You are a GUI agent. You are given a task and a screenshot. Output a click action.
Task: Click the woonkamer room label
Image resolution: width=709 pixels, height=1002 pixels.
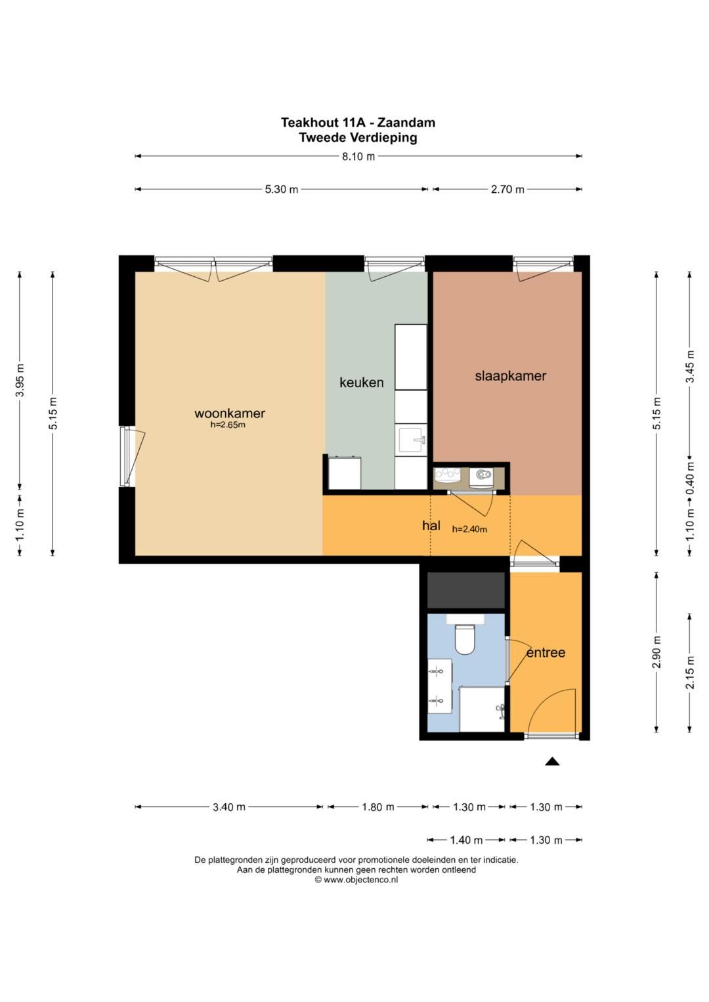point(230,413)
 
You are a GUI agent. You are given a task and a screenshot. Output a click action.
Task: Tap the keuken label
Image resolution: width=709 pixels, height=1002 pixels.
point(361,383)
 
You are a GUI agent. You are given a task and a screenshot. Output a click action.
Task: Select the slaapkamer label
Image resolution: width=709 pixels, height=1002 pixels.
point(510,376)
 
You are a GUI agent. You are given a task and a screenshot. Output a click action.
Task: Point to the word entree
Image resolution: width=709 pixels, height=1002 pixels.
point(546,653)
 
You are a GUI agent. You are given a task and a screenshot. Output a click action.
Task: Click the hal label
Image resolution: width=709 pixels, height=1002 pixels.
point(431,526)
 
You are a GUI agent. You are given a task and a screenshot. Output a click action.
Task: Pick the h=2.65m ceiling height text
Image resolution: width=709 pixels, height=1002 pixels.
point(228,425)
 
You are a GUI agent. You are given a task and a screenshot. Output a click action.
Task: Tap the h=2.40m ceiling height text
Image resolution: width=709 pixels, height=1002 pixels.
point(469,530)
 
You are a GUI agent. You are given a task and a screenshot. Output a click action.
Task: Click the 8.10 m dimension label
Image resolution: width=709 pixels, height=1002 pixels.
point(358,157)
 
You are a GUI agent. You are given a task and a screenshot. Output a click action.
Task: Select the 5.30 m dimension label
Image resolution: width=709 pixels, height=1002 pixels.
point(282,189)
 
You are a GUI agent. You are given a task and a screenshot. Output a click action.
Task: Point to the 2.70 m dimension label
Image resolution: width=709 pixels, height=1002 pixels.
point(507,189)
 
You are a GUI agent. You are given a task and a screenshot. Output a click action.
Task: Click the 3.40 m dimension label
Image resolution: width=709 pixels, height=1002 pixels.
point(228,807)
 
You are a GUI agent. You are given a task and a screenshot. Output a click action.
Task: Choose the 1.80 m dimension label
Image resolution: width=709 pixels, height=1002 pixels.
point(377,807)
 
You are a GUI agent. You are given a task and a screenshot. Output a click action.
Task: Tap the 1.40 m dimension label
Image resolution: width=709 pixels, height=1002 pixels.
point(466,840)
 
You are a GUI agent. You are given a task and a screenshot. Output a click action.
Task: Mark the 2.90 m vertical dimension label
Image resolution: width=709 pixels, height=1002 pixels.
point(656,652)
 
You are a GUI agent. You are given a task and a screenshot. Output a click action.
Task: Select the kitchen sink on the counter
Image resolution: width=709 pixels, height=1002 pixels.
point(410,440)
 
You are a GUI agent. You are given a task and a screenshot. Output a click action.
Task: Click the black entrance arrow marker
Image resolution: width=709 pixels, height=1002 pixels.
point(552,761)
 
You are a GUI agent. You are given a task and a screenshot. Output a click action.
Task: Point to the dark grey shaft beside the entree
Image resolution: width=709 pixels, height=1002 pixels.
point(466,590)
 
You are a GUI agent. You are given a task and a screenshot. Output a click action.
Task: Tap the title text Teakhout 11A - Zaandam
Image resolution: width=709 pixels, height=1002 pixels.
point(358,122)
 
